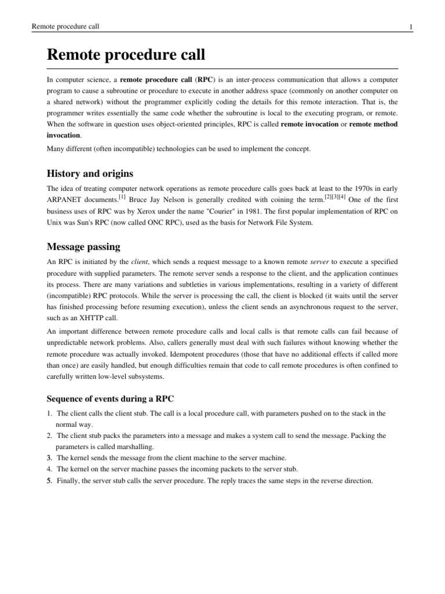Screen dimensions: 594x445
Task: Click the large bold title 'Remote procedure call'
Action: click(x=126, y=56)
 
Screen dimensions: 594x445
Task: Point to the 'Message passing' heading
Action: click(x=83, y=247)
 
